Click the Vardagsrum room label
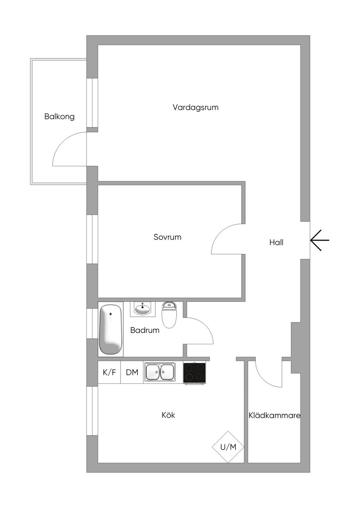pyautogui.click(x=195, y=107)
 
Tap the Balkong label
pyautogui.click(x=59, y=116)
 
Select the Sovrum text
pyautogui.click(x=167, y=237)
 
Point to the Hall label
pyautogui.click(x=276, y=242)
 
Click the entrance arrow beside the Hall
pyautogui.click(x=320, y=240)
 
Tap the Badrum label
pyautogui.click(x=144, y=330)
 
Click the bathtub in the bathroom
pyautogui.click(x=111, y=329)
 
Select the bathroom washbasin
pyautogui.click(x=143, y=309)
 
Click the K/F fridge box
pyautogui.click(x=109, y=372)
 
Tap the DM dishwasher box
pyautogui.click(x=132, y=372)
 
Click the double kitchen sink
pyautogui.click(x=160, y=372)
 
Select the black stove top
pyautogui.click(x=194, y=373)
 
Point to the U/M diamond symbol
pyautogui.click(x=228, y=447)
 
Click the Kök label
pyautogui.click(x=168, y=415)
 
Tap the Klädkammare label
pyautogui.click(x=274, y=416)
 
